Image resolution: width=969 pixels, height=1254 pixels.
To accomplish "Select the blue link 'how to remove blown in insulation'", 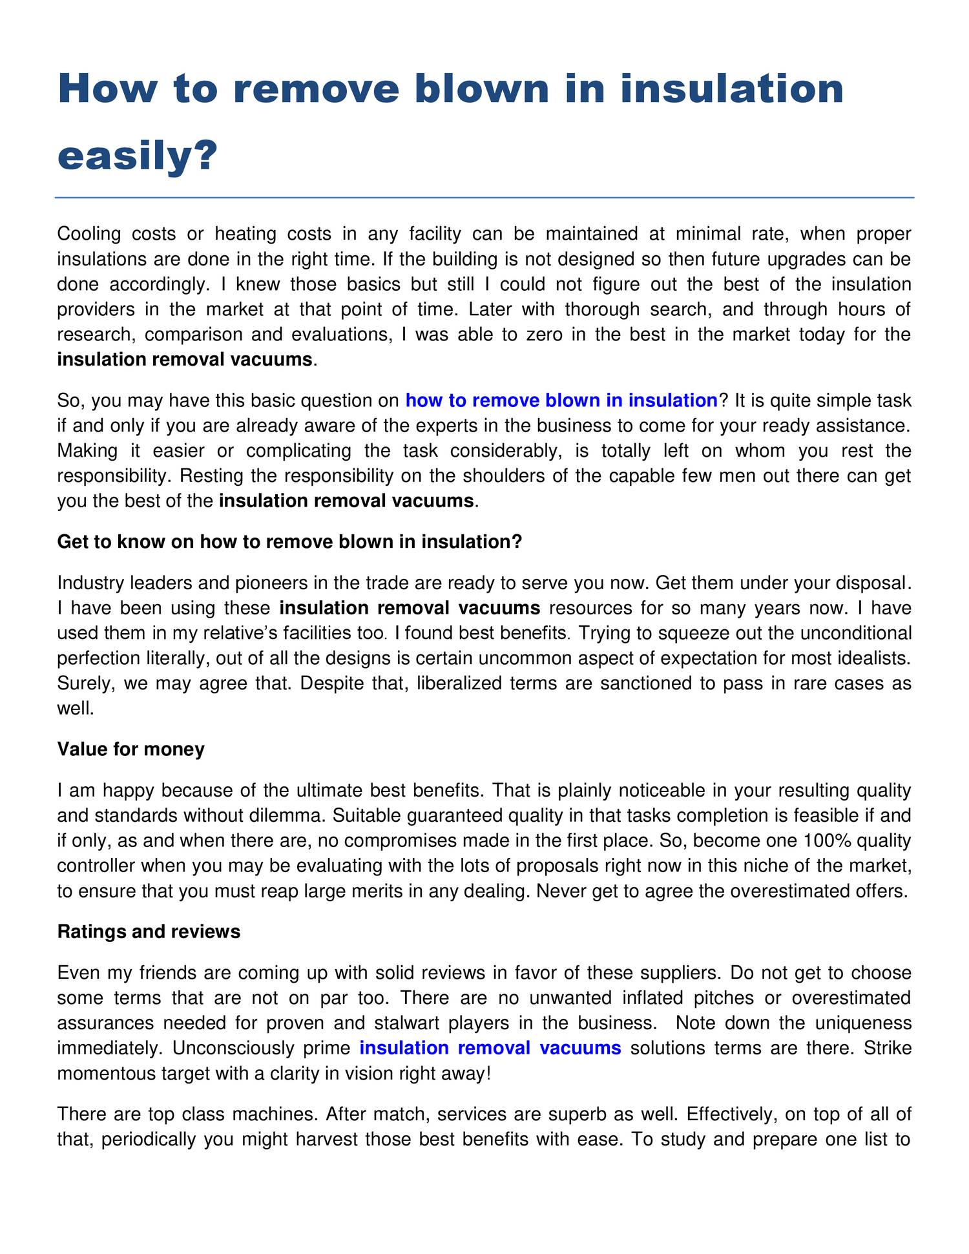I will [x=561, y=401].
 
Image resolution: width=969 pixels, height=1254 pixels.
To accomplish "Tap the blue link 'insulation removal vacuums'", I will [x=490, y=1047].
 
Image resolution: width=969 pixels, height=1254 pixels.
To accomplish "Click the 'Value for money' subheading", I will [x=131, y=749].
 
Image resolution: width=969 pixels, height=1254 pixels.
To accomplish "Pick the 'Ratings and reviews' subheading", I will [x=149, y=931].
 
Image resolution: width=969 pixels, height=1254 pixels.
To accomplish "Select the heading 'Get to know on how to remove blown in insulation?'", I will [x=289, y=541].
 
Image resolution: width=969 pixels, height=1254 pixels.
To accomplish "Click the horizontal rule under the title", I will [x=484, y=198].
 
